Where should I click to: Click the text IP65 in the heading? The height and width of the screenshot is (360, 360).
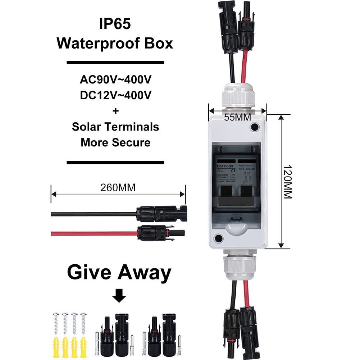coord(115,24)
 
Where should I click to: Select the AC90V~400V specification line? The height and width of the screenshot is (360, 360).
coord(115,79)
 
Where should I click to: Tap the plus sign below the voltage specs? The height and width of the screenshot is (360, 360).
coord(115,111)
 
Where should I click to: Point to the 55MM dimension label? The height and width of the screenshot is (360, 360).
coord(238,117)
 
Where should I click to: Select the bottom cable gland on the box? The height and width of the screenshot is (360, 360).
coord(237,266)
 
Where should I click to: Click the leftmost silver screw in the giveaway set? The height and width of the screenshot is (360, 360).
coord(56,322)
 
